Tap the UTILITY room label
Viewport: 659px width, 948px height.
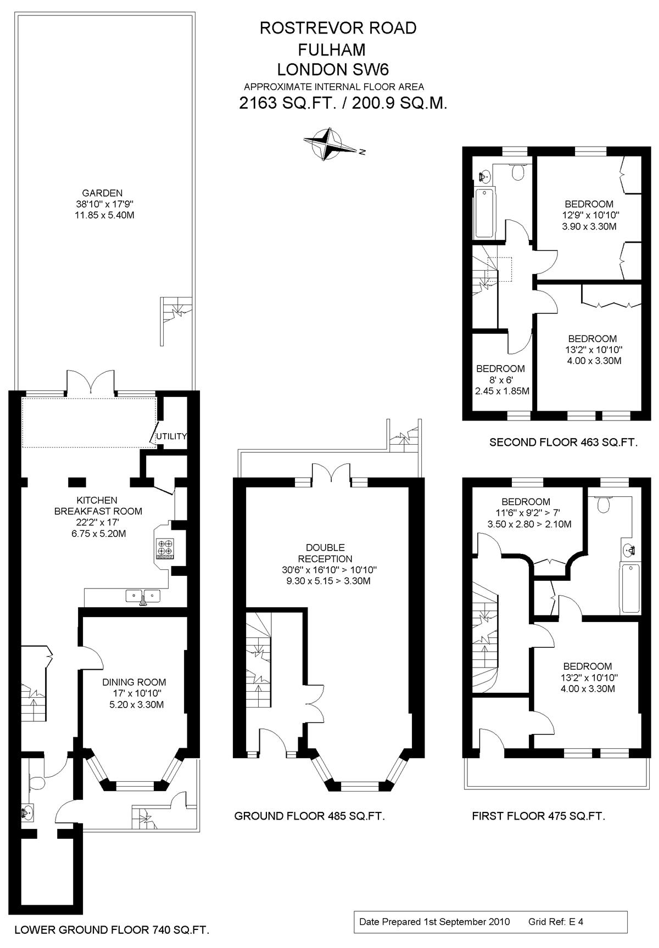[171, 436]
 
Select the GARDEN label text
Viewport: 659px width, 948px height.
[102, 193]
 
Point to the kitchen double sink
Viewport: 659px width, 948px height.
[143, 597]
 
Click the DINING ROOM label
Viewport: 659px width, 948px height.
[134, 682]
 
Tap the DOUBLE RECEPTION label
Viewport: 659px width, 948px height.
[326, 553]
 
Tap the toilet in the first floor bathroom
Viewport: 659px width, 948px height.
[603, 503]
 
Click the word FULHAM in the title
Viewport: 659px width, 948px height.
[332, 49]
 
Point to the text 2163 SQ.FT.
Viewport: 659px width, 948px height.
[287, 103]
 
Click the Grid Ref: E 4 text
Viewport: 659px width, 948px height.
[556, 922]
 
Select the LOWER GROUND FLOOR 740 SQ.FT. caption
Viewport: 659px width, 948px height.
[112, 930]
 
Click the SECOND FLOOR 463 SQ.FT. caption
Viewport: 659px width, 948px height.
[563, 442]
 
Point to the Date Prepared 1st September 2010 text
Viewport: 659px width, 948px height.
[434, 922]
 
